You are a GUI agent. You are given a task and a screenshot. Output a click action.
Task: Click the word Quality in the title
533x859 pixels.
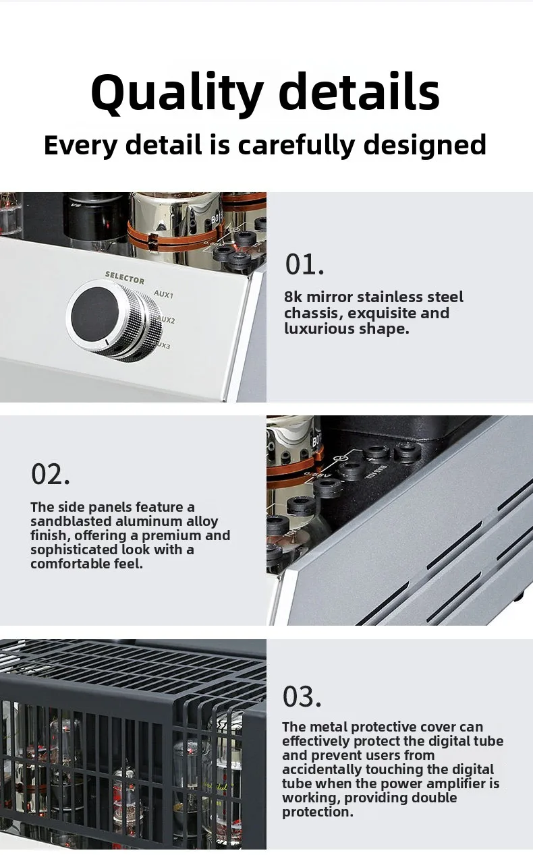[x=177, y=94]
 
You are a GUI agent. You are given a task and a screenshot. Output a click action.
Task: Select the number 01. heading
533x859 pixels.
[x=304, y=264]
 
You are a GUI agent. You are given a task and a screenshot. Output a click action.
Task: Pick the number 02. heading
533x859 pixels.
[x=51, y=474]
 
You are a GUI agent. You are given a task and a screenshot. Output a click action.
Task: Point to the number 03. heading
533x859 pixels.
[x=302, y=697]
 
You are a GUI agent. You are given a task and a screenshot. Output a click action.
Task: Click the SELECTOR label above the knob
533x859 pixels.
[x=125, y=278]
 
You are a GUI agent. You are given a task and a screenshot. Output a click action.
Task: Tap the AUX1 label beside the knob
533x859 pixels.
[x=163, y=294]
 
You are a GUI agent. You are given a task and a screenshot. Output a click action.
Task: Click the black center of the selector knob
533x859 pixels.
[x=94, y=314]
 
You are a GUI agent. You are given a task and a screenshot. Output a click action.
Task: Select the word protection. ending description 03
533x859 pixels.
[x=318, y=812]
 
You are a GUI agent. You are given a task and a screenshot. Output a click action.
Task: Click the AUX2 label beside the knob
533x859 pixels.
[x=166, y=320]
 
